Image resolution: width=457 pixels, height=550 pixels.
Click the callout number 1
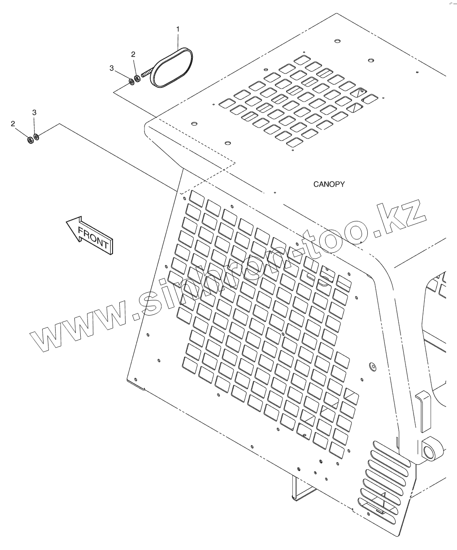(x=178, y=29)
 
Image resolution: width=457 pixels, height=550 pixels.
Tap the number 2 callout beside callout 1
(x=133, y=54)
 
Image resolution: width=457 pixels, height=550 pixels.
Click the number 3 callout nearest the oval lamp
(x=112, y=68)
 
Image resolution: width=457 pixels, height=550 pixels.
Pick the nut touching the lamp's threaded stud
(x=138, y=79)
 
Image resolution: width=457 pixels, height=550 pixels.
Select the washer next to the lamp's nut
(x=131, y=81)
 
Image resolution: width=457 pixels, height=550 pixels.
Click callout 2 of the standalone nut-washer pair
(x=13, y=123)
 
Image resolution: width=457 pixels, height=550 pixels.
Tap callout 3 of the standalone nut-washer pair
(x=34, y=112)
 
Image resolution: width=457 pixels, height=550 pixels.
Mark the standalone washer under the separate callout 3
(x=36, y=137)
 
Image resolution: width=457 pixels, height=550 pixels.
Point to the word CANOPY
(x=329, y=184)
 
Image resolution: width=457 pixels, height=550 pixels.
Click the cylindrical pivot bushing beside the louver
(x=431, y=449)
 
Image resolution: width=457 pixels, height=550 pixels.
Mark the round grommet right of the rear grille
(x=371, y=366)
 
